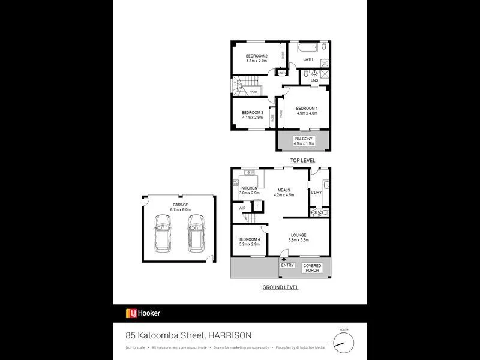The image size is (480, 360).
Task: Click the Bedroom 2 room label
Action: (x=256, y=56)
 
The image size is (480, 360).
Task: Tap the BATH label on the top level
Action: (x=308, y=59)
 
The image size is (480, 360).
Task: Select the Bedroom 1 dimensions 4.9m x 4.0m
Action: (x=307, y=113)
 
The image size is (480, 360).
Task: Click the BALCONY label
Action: (x=303, y=139)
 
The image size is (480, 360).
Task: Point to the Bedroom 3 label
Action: (x=253, y=112)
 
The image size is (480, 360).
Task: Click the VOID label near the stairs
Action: (x=254, y=92)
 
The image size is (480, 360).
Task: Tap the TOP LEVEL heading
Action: (x=302, y=161)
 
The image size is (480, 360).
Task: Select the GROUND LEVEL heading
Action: (x=280, y=287)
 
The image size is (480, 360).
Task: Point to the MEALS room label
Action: (x=284, y=189)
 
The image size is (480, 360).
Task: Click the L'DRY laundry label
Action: (x=316, y=192)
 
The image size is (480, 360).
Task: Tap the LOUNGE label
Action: (x=299, y=235)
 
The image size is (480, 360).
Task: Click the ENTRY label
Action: (x=287, y=265)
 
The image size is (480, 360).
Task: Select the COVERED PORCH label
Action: (x=312, y=268)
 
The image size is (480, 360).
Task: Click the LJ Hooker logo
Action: (x=143, y=313)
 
